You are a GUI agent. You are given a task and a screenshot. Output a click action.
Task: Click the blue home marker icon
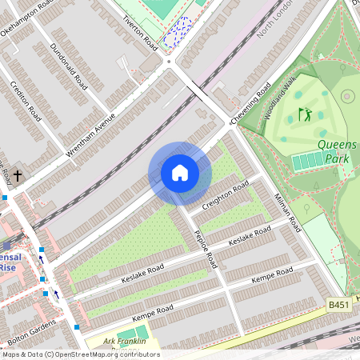click(x=180, y=173)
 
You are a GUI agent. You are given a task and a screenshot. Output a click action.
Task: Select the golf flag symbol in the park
click(x=305, y=114)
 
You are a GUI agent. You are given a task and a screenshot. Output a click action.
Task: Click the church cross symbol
click(x=17, y=174)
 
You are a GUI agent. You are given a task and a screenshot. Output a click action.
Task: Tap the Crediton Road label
click(x=25, y=100)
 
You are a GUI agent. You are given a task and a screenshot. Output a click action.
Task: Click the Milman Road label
click(x=286, y=212)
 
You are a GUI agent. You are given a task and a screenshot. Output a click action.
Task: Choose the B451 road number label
click(x=338, y=305)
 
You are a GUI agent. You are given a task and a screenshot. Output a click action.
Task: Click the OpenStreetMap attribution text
click(x=80, y=354)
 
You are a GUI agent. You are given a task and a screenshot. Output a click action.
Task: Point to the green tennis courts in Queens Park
click(x=309, y=162)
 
